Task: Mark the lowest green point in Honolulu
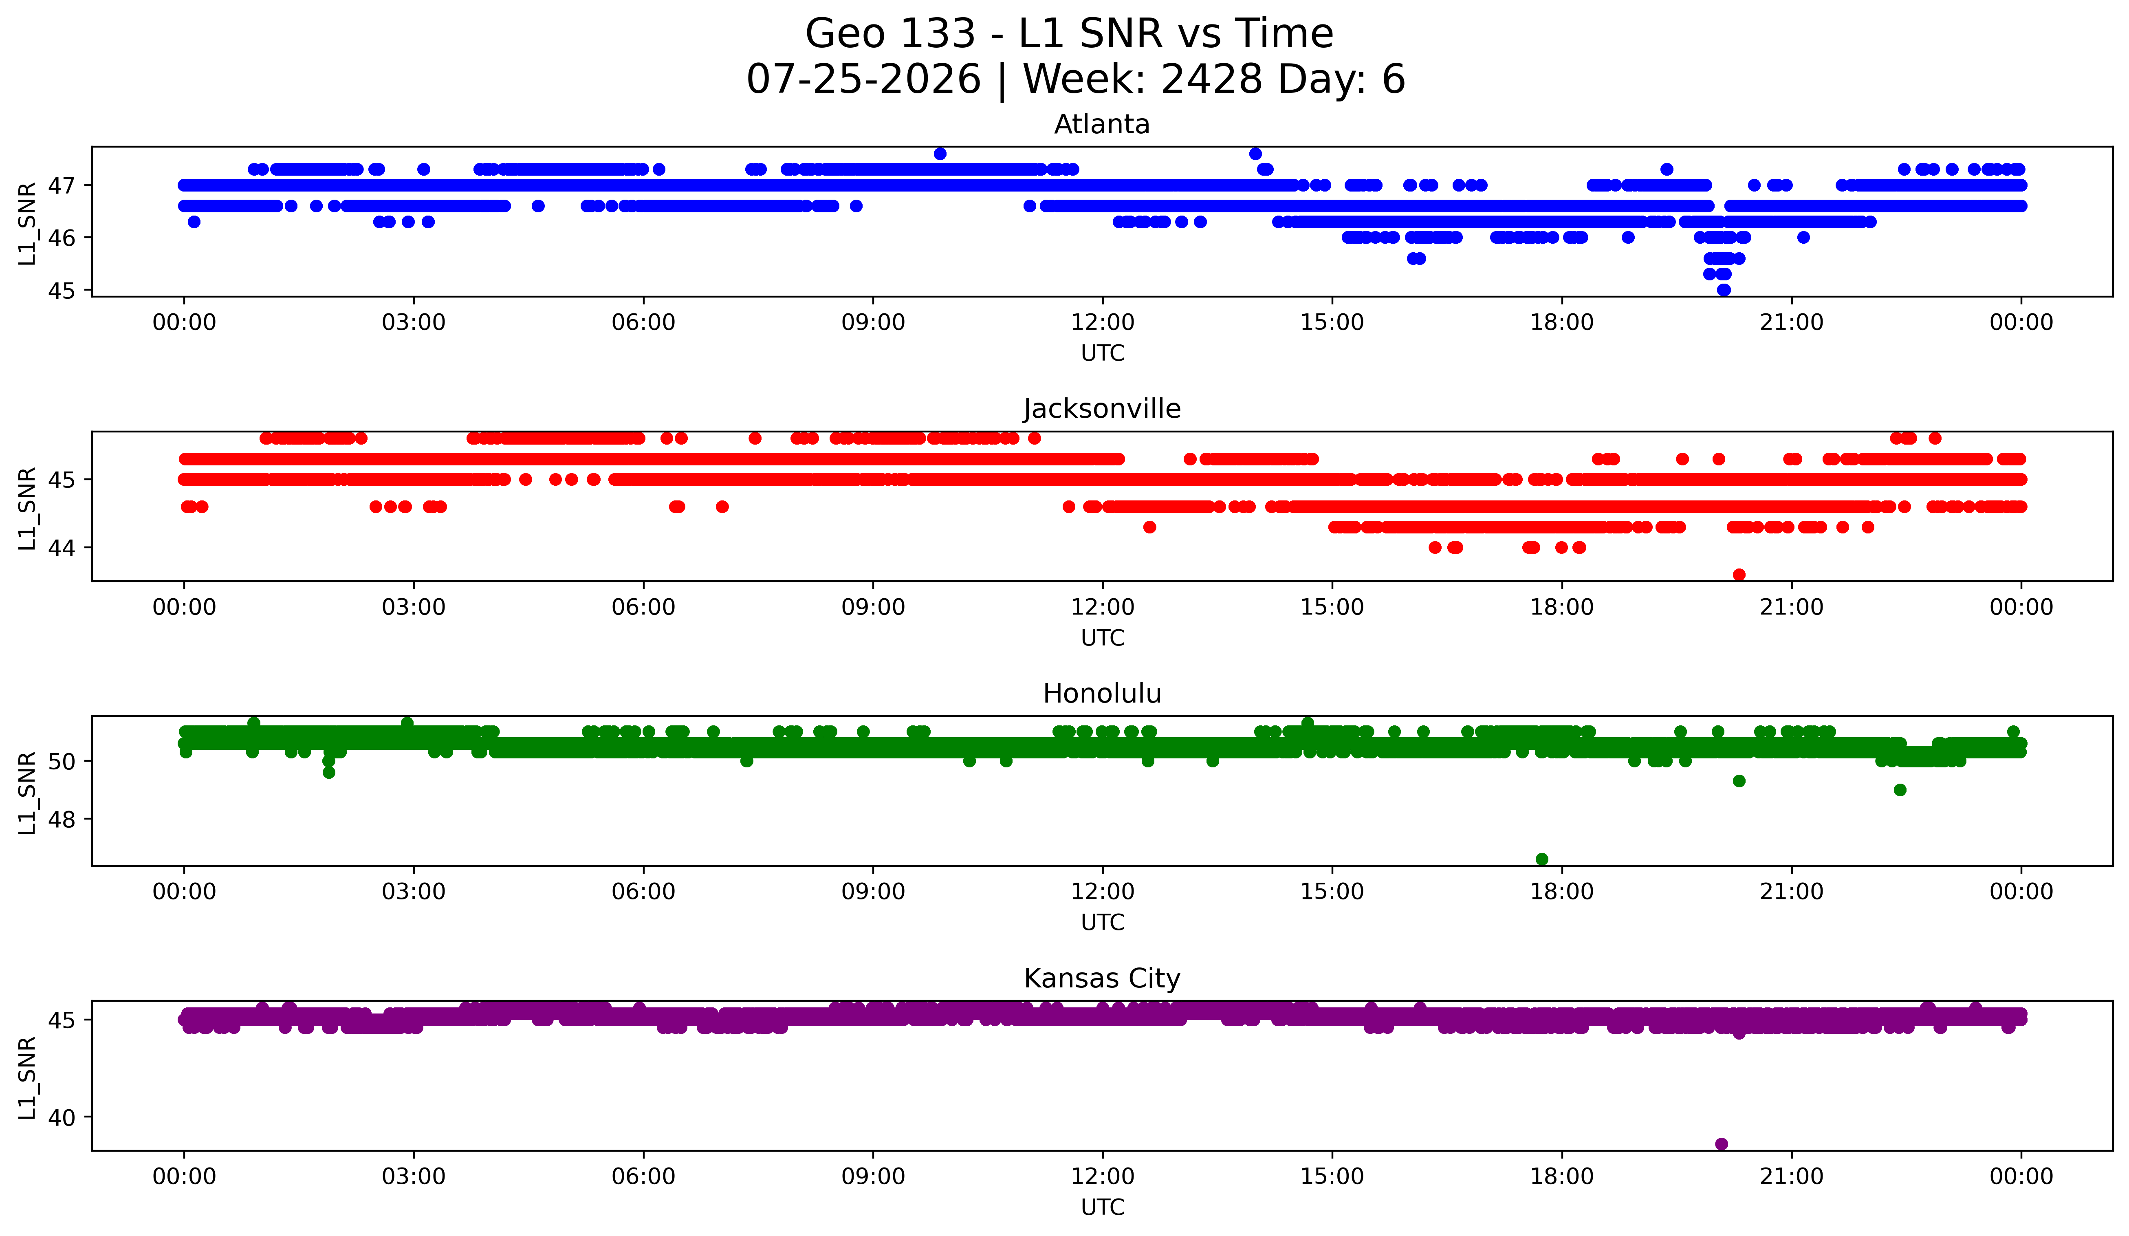(1542, 859)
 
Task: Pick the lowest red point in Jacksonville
(1739, 575)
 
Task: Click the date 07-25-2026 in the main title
(863, 79)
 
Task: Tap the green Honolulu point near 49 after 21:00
(1900, 790)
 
